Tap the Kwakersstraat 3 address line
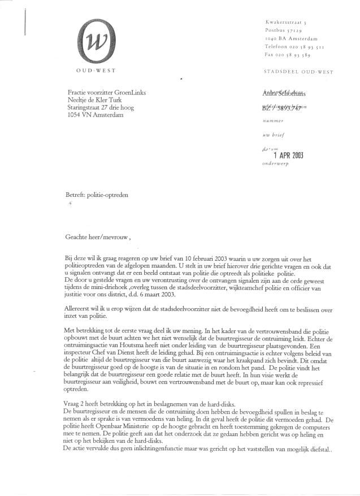[286, 21]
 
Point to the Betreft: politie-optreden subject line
[97, 195]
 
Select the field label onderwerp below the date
[276, 165]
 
